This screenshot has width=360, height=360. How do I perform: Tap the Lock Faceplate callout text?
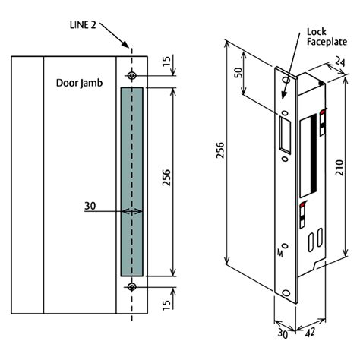coord(327,38)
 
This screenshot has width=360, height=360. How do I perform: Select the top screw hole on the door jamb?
coord(132,77)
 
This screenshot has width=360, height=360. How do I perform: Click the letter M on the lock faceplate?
coord(283,256)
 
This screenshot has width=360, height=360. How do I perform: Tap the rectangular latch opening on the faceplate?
coord(285,136)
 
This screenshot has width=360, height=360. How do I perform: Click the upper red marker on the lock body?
coord(323,115)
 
